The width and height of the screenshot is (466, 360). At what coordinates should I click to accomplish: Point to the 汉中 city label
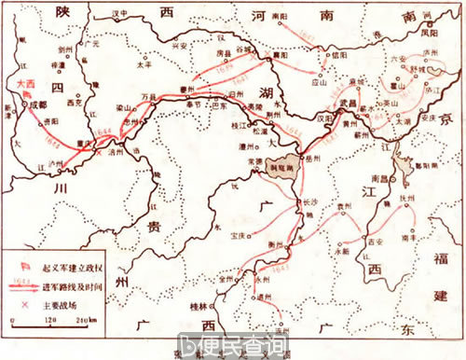point(116,15)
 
